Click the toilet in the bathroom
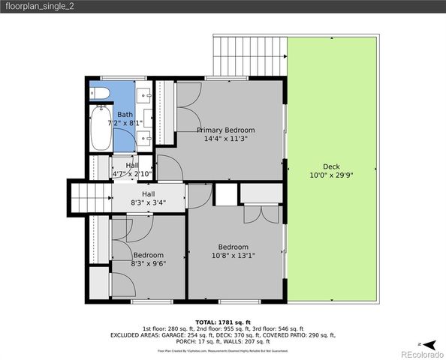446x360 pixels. coord(100,93)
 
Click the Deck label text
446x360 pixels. coord(331,166)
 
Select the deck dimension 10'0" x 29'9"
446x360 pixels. coord(331,175)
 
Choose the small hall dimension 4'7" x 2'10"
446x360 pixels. coord(132,174)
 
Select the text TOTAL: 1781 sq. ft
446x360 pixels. coord(223,321)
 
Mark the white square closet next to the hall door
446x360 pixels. coord(225,193)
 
